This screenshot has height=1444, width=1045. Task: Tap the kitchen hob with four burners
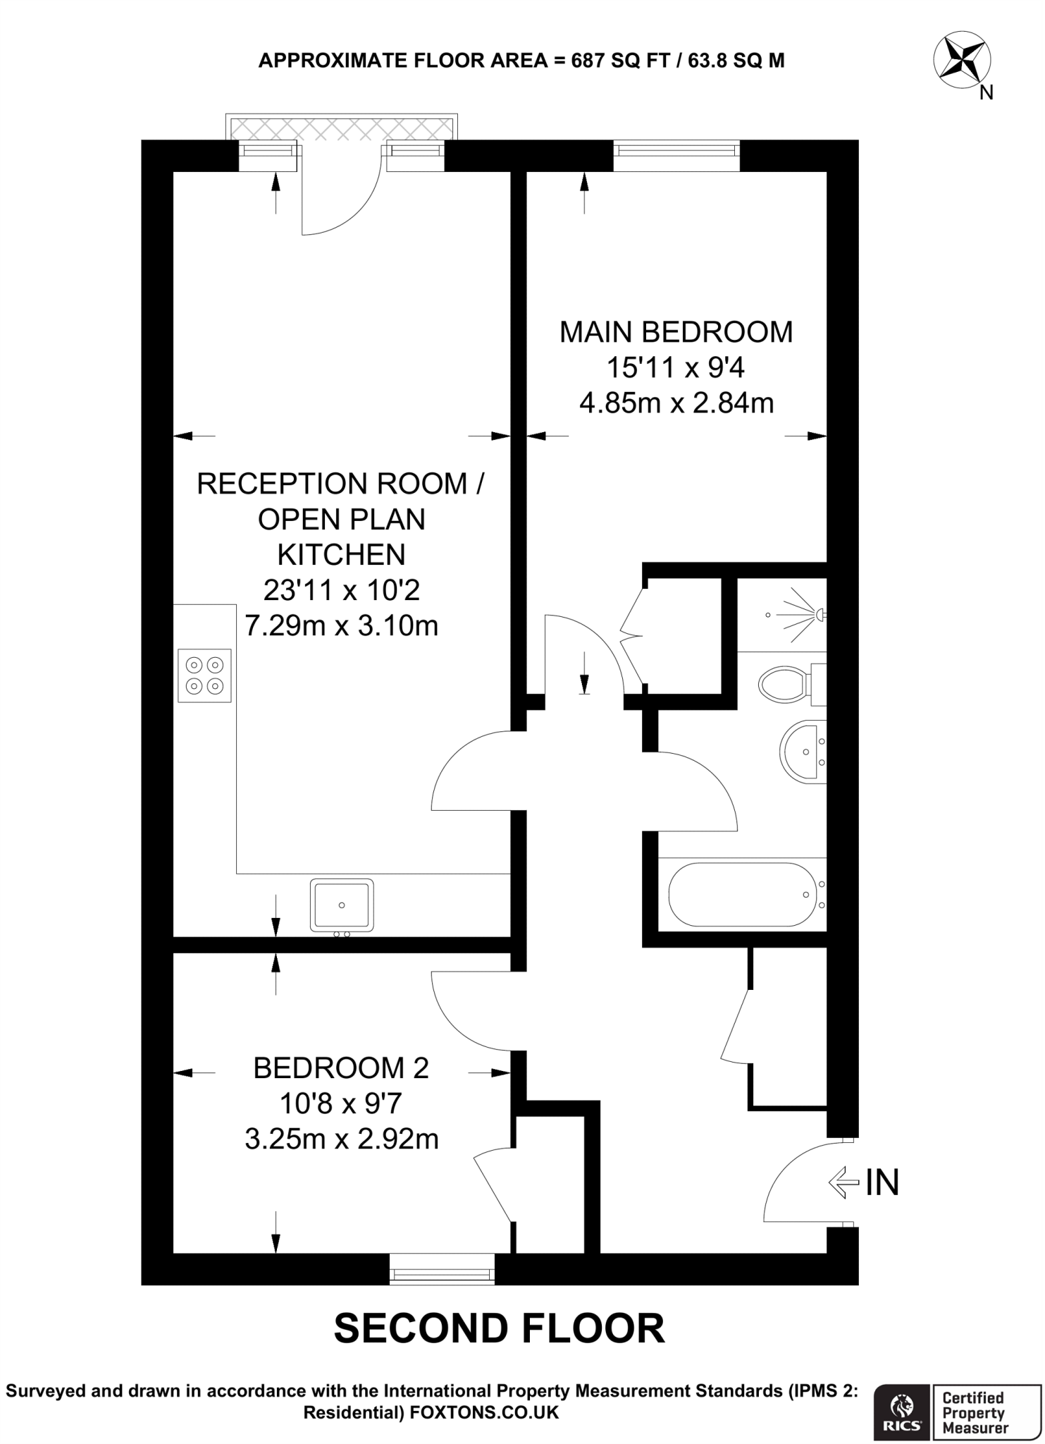204,675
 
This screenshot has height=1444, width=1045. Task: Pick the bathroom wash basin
801,752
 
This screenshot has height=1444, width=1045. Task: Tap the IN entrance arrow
845,1182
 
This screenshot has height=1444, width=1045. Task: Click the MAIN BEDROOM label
676,331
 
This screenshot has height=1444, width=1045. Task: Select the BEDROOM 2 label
341,1067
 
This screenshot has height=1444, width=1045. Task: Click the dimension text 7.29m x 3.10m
341,625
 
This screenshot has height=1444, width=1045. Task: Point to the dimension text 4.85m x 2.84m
676,403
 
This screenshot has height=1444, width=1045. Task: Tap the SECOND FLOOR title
499,1328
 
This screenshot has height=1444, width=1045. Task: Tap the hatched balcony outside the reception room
342,128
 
